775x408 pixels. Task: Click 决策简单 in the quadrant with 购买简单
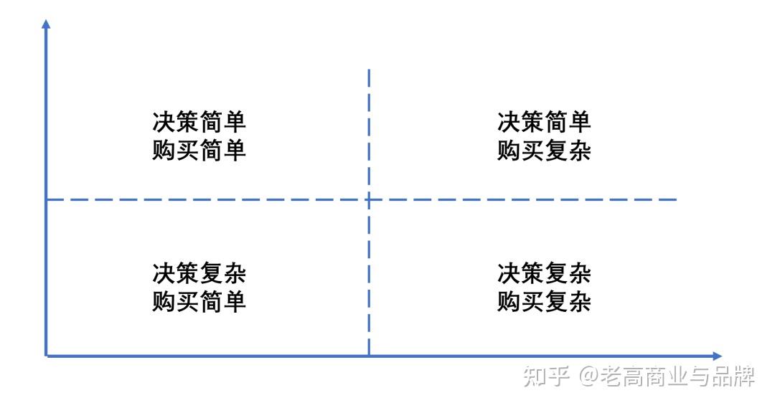[x=199, y=121]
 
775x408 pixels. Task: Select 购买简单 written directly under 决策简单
[x=199, y=151]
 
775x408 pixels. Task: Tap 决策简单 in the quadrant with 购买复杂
[x=544, y=121]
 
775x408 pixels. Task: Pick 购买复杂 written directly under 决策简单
[x=544, y=151]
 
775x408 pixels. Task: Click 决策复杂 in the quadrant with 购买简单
[x=199, y=272]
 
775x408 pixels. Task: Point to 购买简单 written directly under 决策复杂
[x=199, y=302]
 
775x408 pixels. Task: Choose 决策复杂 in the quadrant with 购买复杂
[x=544, y=272]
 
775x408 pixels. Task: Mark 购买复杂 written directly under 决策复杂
[x=544, y=302]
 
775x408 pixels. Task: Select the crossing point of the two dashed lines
[x=369, y=199]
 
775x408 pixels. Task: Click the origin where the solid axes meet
[x=46, y=356]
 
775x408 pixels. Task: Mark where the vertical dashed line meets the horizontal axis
[x=369, y=356]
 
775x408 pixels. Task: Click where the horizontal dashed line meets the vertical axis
[x=46, y=199]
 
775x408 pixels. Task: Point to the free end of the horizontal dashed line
[x=676, y=199]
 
